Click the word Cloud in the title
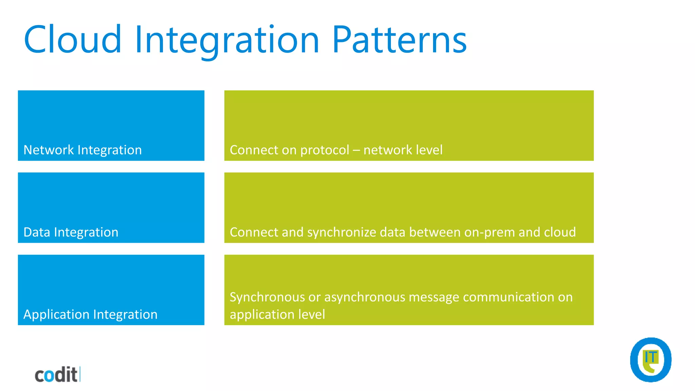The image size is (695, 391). pos(73,40)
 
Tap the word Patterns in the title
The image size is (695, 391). pos(399,40)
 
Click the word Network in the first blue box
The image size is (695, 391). pos(49,150)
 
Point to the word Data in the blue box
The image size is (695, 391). pos(37,232)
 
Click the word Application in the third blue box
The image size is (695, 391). pos(56,315)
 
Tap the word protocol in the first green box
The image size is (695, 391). pos(325,150)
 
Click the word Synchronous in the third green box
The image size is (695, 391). pos(267,297)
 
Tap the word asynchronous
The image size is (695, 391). pos(365,297)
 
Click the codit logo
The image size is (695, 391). pos(57,375)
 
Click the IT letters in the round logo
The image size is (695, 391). pos(651,357)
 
